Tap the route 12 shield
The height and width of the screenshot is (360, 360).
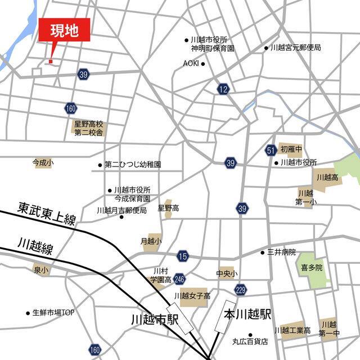(223, 89)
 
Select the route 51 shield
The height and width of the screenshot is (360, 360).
(271, 150)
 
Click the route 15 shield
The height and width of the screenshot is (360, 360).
(182, 256)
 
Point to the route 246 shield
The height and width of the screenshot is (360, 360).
(179, 278)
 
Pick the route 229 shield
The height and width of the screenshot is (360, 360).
(241, 290)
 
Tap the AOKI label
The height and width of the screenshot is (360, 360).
(191, 64)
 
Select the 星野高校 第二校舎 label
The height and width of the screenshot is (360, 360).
(89, 128)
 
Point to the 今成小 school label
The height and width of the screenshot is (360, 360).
(43, 163)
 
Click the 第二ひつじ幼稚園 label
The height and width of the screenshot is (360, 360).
(133, 165)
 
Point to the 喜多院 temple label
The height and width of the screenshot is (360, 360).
(312, 268)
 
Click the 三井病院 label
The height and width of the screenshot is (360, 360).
(281, 253)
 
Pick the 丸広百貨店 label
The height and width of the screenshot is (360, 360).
(250, 341)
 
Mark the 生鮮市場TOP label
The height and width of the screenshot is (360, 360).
(53, 312)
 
